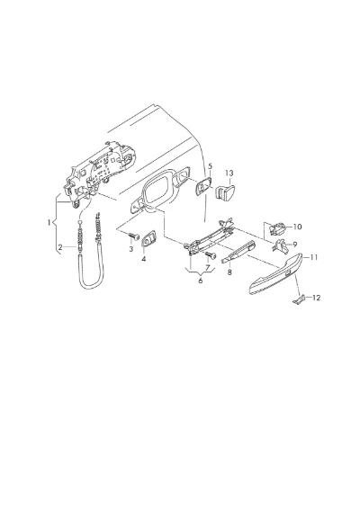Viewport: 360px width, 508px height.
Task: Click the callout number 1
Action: coord(49,223)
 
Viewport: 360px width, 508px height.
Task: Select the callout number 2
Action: coord(60,247)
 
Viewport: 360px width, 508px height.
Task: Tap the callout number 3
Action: coord(131,249)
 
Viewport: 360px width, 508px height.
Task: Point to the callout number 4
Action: coord(144,259)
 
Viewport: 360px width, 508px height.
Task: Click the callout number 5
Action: coord(211,166)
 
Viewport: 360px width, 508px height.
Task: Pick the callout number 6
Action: coord(201,281)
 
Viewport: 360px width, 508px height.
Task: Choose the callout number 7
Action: coord(208,267)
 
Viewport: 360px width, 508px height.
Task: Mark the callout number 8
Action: coord(229,272)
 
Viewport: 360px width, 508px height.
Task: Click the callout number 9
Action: coord(295,245)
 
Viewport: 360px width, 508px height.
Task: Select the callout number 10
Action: coord(297,227)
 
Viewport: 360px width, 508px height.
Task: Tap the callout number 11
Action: coord(313,257)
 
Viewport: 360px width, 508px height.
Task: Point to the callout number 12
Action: coord(316,298)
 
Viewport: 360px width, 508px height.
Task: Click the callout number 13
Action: coord(229,174)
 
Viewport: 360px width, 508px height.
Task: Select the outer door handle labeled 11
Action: coord(276,274)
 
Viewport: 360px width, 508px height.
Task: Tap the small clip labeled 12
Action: coord(299,299)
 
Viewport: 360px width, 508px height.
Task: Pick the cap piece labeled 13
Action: coord(225,192)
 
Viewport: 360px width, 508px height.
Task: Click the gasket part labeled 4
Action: coord(148,238)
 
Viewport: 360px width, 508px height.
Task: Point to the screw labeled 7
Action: coord(211,255)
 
